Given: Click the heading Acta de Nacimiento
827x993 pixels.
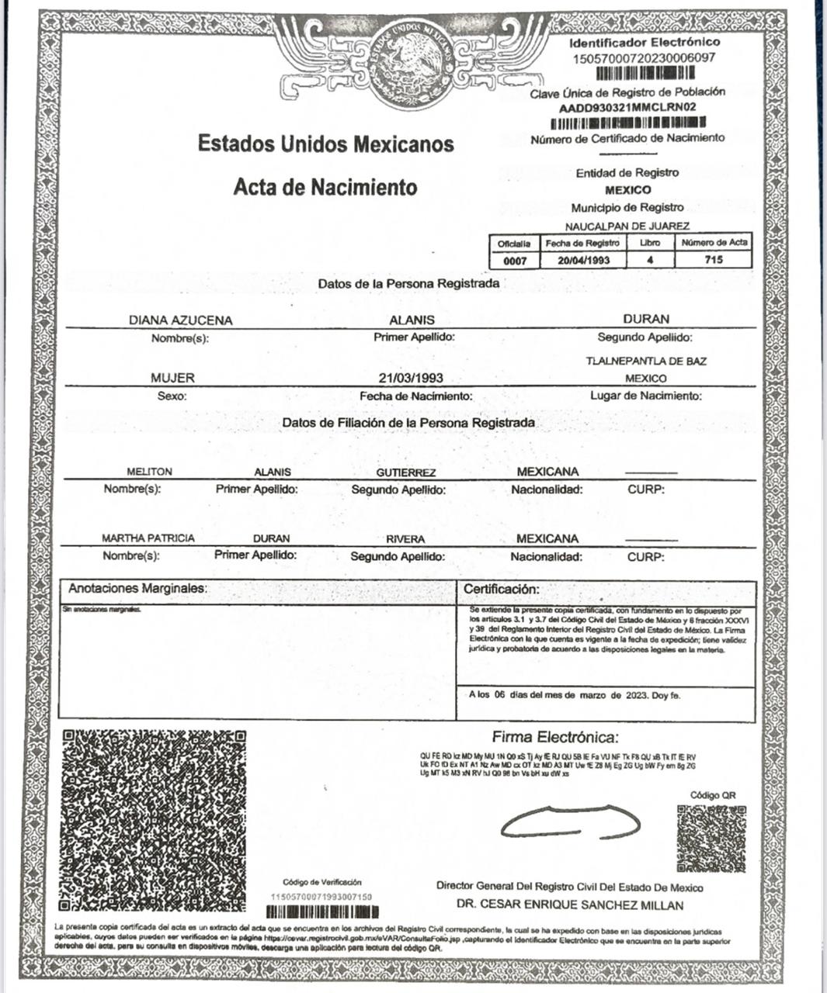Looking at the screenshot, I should coord(325,187).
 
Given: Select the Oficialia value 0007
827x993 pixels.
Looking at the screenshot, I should coord(515,261).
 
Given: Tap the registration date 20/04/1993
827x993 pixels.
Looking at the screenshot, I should coord(583,261).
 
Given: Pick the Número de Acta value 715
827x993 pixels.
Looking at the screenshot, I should coord(714,260).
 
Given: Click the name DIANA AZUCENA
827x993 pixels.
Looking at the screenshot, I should coord(180,320).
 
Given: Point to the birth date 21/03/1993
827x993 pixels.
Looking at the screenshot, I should coord(411,378).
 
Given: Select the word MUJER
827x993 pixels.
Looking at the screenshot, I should coord(172,378).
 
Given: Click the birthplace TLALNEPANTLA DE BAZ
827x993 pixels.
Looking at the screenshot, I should coord(646,362).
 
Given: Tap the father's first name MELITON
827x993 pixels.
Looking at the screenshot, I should coord(150,472).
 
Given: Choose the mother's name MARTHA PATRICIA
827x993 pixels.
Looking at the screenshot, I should coord(148,538).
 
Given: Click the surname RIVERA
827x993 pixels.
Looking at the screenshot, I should coord(405,539).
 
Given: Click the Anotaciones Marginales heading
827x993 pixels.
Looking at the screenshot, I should coord(137,589).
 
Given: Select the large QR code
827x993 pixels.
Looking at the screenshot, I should coord(154,821).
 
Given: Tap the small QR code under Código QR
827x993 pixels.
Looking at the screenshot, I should coord(711,839).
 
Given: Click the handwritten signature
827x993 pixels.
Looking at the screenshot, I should coord(570,823).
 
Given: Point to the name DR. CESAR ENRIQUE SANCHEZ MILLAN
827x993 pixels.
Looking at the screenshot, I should coord(570,905).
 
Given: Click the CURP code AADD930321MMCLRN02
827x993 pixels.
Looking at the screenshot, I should coord(627,108).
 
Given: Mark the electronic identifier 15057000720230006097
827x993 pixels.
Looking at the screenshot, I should coord(644,58).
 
